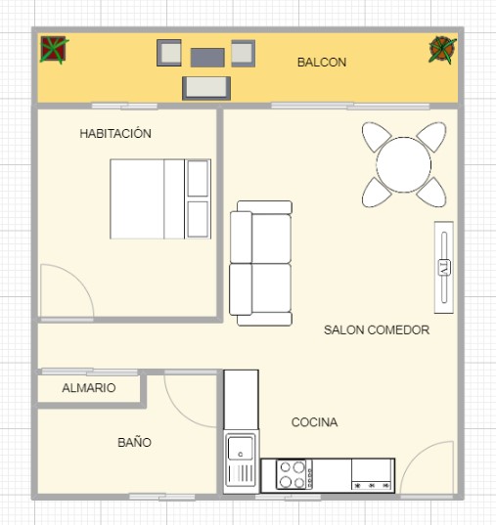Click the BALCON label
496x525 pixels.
tap(322, 63)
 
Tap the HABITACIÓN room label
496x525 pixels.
tap(115, 133)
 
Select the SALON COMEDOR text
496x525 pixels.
tap(377, 330)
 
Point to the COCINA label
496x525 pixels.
tap(314, 422)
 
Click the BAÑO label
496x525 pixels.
tap(134, 442)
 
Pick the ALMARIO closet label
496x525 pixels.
tap(89, 388)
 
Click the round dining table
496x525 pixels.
tap(403, 164)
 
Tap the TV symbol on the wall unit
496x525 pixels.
tap(444, 268)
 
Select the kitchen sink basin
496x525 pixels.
tap(241, 448)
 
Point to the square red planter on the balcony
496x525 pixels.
tap(53, 49)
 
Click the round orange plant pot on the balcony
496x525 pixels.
tap(442, 50)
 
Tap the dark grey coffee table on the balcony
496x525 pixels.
tap(207, 58)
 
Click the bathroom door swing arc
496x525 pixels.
tap(178, 412)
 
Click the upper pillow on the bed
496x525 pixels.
tap(198, 179)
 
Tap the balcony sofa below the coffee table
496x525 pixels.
tap(206, 88)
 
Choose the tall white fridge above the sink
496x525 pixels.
tap(241, 400)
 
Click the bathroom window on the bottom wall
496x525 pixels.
tap(162, 497)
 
